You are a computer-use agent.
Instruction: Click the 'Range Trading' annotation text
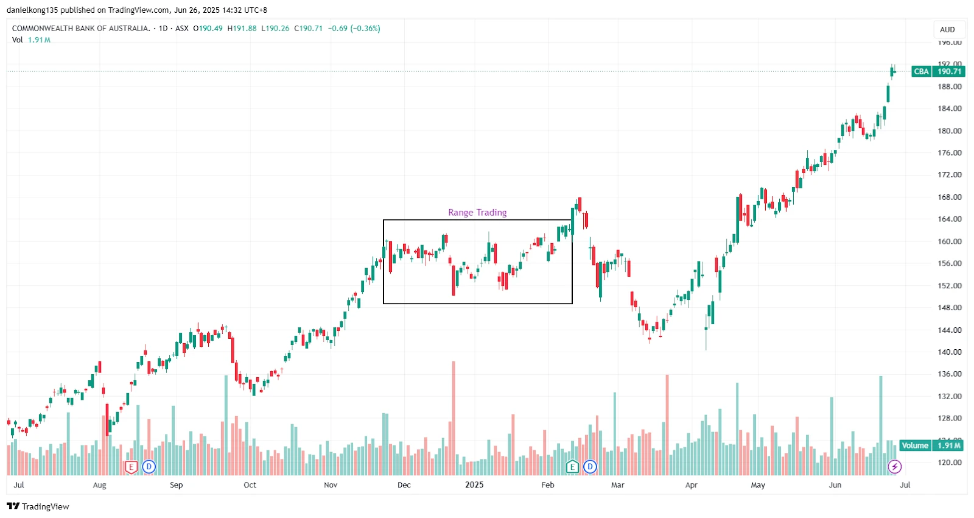pyautogui.click(x=477, y=213)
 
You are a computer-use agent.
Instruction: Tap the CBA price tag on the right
pyautogui.click(x=938, y=71)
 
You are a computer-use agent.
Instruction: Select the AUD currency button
pyautogui.click(x=947, y=29)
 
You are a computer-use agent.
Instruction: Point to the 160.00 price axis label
pyautogui.click(x=949, y=241)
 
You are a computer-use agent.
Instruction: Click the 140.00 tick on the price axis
pyautogui.click(x=949, y=352)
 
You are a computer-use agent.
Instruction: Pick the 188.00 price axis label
pyautogui.click(x=949, y=87)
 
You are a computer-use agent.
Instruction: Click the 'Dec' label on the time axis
pyautogui.click(x=404, y=485)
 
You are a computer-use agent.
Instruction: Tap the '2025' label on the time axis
pyautogui.click(x=474, y=485)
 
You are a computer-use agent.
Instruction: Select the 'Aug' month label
pyautogui.click(x=99, y=485)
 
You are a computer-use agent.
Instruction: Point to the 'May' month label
pyautogui.click(x=758, y=485)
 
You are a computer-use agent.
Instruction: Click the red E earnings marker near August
pyautogui.click(x=131, y=467)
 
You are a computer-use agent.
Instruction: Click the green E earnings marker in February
pyautogui.click(x=572, y=467)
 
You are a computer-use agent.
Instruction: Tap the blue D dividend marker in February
pyautogui.click(x=590, y=467)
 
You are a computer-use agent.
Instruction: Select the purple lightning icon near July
pyautogui.click(x=894, y=467)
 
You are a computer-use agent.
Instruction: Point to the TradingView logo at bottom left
pyautogui.click(x=38, y=506)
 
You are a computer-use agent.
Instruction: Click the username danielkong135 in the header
pyautogui.click(x=32, y=10)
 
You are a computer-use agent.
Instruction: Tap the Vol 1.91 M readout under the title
pyautogui.click(x=31, y=40)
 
